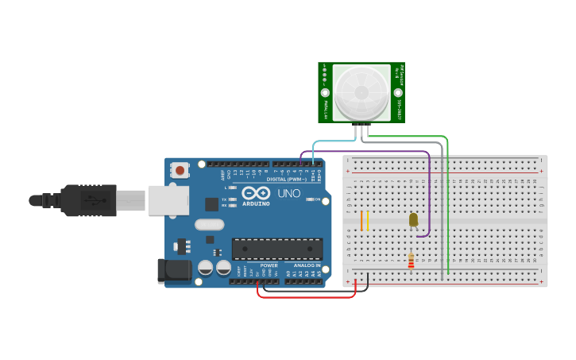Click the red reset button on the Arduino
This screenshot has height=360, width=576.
181,169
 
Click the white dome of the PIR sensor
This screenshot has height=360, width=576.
361,92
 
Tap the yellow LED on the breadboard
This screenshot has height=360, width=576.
413,219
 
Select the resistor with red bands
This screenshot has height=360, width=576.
411,260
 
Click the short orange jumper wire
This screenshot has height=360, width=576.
361,221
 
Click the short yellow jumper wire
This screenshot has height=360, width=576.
367,221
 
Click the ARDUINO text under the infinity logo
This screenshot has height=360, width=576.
257,203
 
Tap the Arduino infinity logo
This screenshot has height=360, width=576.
257,193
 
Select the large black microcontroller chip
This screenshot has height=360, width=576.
277,249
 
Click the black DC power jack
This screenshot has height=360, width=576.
174,272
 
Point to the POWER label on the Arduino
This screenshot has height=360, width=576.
269,265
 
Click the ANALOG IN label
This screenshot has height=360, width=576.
307,265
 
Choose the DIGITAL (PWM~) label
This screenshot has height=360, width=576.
288,179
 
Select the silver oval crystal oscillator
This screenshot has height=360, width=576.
209,225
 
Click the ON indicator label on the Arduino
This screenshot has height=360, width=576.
316,199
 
